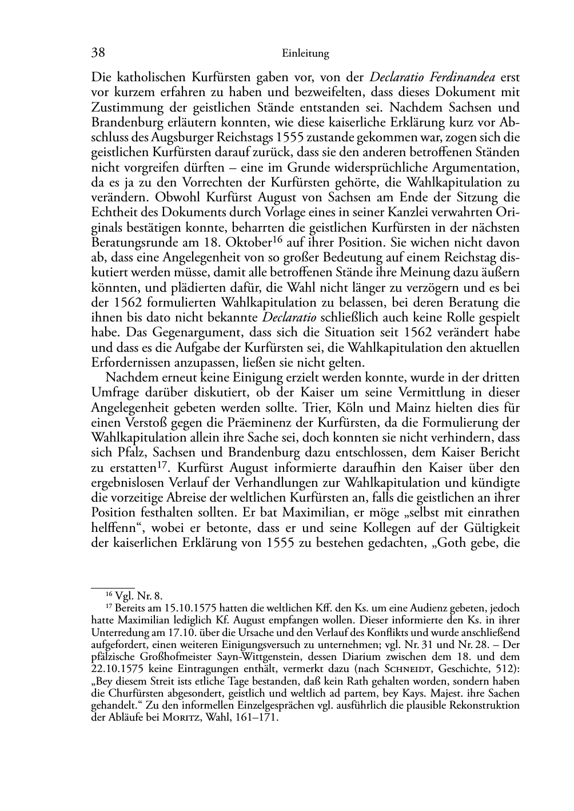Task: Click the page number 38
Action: click(98, 53)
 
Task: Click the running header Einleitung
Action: click(305, 54)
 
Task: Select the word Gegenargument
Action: click(180, 332)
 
